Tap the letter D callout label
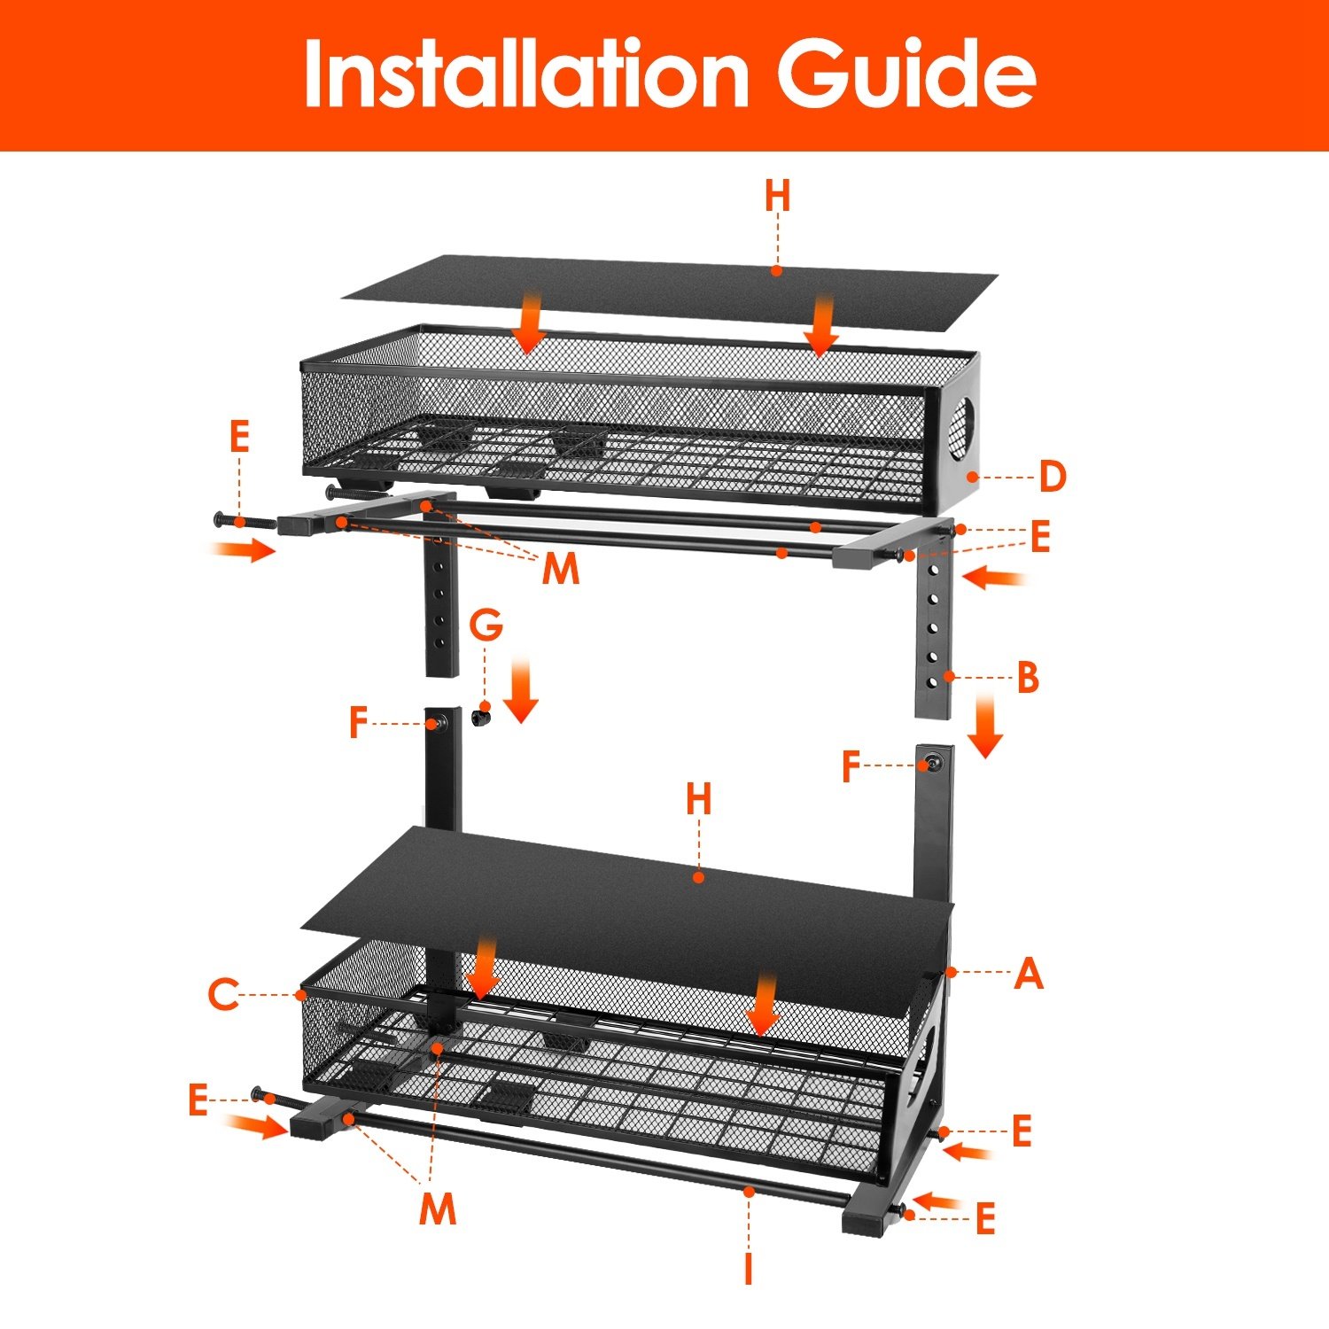(x=1052, y=477)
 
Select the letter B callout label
(x=1028, y=678)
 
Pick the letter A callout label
(x=1029, y=974)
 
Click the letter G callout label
(x=486, y=626)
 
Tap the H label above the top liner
(x=777, y=196)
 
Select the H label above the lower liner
(x=698, y=799)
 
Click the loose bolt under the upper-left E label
(x=243, y=522)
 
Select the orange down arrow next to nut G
(x=520, y=691)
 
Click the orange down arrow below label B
(x=984, y=727)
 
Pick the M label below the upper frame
(x=561, y=569)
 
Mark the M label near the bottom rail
(x=438, y=1209)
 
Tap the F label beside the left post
(x=358, y=723)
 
